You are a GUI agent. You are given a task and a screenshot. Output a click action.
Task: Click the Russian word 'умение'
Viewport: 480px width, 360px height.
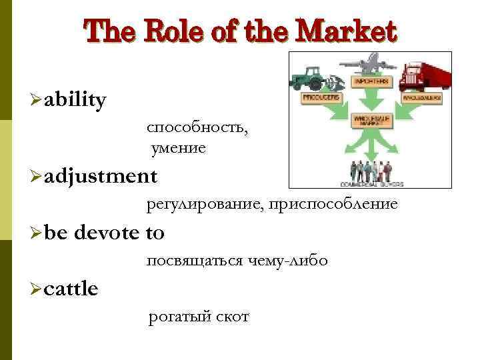[x=178, y=148]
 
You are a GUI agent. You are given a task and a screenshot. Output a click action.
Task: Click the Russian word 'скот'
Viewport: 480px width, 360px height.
[x=233, y=316]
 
